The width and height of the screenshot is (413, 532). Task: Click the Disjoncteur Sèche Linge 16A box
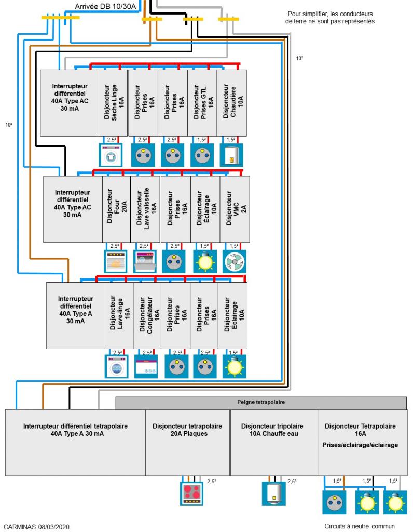[x=113, y=102]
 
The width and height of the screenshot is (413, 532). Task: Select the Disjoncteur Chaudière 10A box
[x=231, y=102]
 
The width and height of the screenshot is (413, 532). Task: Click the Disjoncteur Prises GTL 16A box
[x=202, y=102]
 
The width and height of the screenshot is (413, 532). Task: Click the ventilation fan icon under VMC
[x=234, y=261]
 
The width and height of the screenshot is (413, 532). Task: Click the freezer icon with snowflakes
[x=147, y=366]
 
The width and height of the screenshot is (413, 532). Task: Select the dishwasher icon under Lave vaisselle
[x=145, y=261]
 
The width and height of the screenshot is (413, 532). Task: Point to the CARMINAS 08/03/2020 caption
[x=35, y=526]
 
